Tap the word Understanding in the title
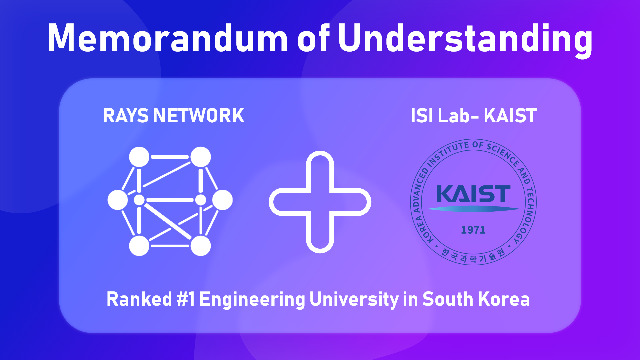465,40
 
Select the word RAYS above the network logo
126,116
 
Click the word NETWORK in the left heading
199,116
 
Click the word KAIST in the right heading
510,116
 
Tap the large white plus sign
320,202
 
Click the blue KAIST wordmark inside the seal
473,194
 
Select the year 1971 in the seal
473,230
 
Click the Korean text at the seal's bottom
473,256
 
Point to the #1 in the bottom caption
186,299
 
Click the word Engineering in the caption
252,300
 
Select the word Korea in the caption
504,299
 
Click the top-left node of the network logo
139,157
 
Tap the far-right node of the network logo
222,200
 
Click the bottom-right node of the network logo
200,246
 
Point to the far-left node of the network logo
118,200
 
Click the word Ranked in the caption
139,299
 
